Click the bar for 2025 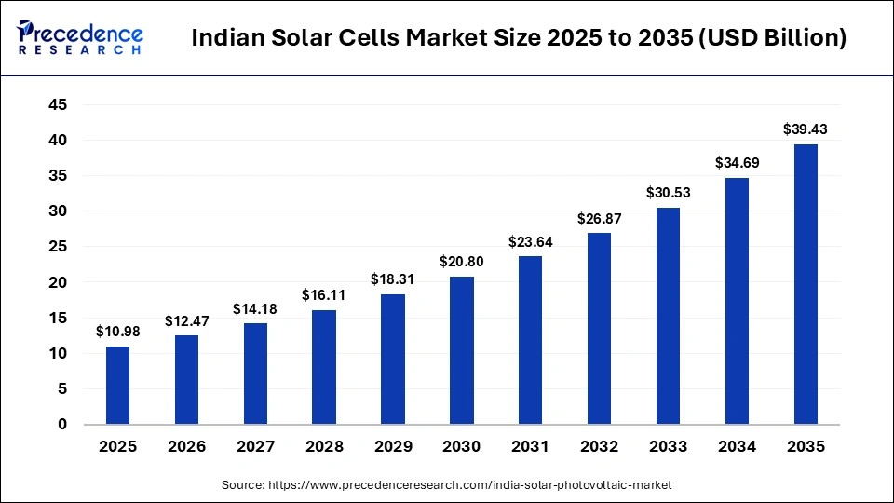click(117, 385)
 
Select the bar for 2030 click(461, 350)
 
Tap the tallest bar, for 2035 click(806, 284)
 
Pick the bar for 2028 click(324, 367)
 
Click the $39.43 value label click(806, 129)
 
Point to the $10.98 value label click(117, 332)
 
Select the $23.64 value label click(530, 241)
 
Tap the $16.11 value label click(324, 295)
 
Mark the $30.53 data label click(668, 193)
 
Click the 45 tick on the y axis click(58, 105)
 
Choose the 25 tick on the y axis click(58, 247)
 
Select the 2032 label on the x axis click(599, 447)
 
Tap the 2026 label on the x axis click(186, 447)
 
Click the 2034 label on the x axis click(737, 447)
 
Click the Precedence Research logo click(80, 37)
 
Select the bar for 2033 click(668, 316)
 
